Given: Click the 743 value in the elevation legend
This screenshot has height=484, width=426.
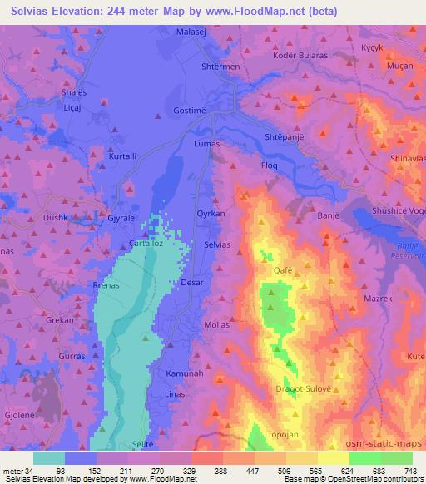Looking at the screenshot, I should (x=409, y=470).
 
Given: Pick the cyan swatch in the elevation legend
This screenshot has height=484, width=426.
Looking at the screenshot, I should (x=49, y=458).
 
